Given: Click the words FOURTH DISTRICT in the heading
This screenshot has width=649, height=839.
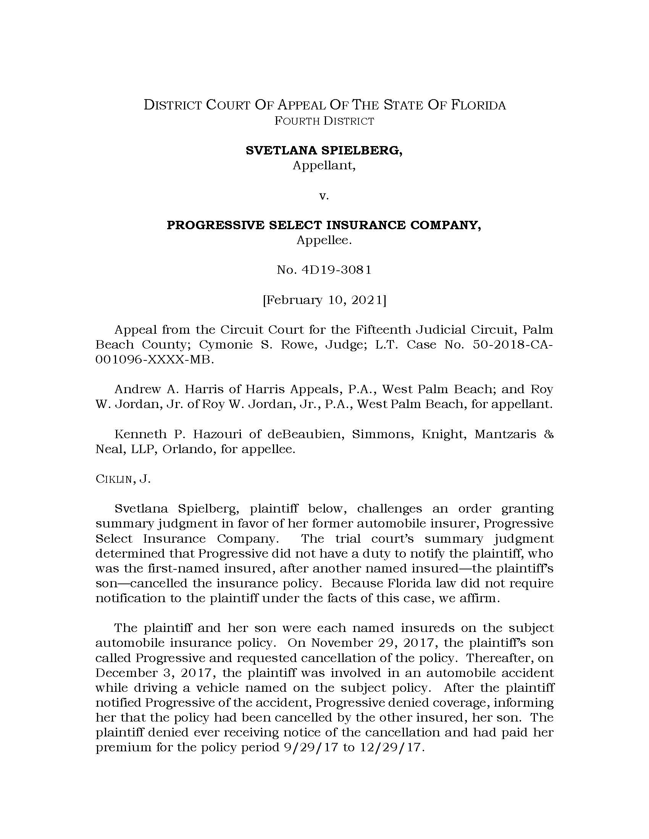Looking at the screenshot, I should click(x=324, y=121).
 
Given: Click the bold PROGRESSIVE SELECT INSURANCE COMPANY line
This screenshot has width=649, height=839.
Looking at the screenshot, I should click(x=324, y=225).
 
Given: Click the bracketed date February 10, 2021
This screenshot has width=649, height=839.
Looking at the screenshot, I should click(x=324, y=300).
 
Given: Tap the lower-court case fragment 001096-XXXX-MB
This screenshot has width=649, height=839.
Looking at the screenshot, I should click(x=154, y=360).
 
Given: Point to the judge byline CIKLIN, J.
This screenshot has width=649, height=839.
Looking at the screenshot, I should click(x=123, y=480).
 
